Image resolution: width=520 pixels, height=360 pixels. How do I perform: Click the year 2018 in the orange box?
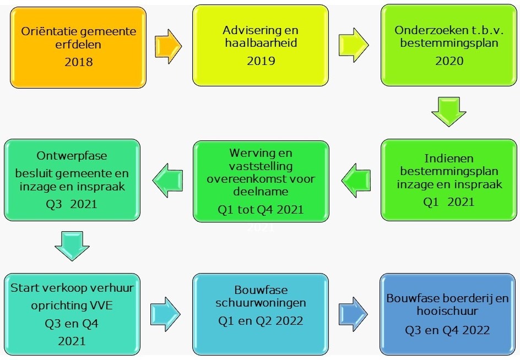79,62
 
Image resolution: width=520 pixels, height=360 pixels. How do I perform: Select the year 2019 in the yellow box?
261,61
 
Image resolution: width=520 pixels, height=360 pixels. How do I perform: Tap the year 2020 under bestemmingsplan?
449,61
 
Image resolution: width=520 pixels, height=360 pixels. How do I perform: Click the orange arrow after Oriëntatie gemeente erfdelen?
169,46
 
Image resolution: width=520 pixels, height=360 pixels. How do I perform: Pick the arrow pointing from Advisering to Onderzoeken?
354,45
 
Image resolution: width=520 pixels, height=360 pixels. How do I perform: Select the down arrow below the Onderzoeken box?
449,112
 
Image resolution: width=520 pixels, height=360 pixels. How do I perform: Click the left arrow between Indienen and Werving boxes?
356,181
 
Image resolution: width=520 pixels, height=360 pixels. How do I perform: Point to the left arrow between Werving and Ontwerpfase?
168,181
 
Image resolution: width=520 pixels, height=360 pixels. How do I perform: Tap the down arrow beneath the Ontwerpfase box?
72,246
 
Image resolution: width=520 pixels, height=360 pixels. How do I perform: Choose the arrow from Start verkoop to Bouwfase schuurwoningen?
165,314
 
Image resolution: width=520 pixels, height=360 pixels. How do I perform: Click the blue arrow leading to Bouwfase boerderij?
353,314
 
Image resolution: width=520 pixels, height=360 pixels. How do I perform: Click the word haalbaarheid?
261,43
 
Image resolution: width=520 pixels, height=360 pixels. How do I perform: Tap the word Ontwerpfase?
72,156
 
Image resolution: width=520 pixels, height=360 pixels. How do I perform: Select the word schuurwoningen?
261,303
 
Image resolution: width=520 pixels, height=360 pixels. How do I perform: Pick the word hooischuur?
447,310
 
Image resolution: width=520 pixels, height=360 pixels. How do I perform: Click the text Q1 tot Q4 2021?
261,210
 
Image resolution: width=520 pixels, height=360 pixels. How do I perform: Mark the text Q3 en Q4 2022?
447,330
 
